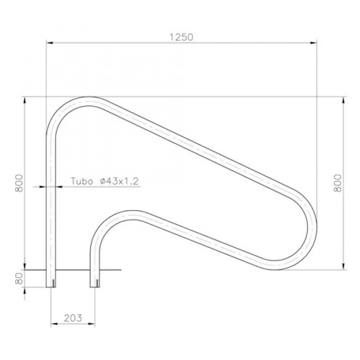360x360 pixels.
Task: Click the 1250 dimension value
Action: [181, 37]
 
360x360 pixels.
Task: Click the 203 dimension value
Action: [73, 318]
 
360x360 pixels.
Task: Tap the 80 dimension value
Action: [19, 279]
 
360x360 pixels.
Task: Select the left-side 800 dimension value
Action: [19, 183]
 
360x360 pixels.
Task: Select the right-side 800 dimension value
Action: [337, 183]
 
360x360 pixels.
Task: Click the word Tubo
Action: [82, 181]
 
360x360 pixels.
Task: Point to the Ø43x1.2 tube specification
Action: [119, 181]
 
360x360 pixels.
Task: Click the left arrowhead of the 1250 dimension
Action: [49, 43]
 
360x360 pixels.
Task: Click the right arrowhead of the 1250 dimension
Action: [313, 43]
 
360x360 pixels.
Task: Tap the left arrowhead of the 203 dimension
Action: [54, 324]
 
